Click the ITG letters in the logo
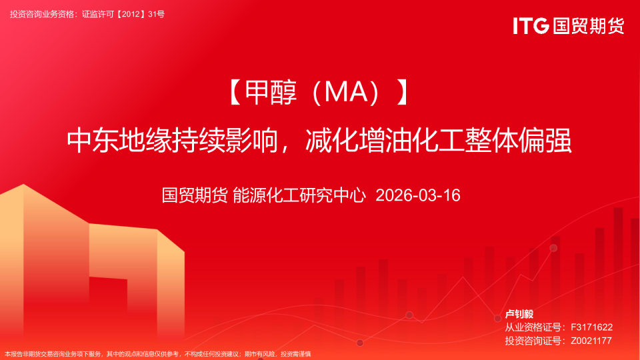click(531, 26)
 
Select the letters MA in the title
click(341, 94)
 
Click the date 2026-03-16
click(418, 195)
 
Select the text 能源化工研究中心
click(299, 195)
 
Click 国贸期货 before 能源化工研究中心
click(195, 195)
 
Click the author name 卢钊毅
click(519, 314)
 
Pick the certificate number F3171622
click(591, 327)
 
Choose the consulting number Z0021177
click(591, 341)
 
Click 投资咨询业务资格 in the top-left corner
click(43, 13)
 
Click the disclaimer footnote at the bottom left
click(157, 354)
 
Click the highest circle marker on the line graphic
click(553, 248)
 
